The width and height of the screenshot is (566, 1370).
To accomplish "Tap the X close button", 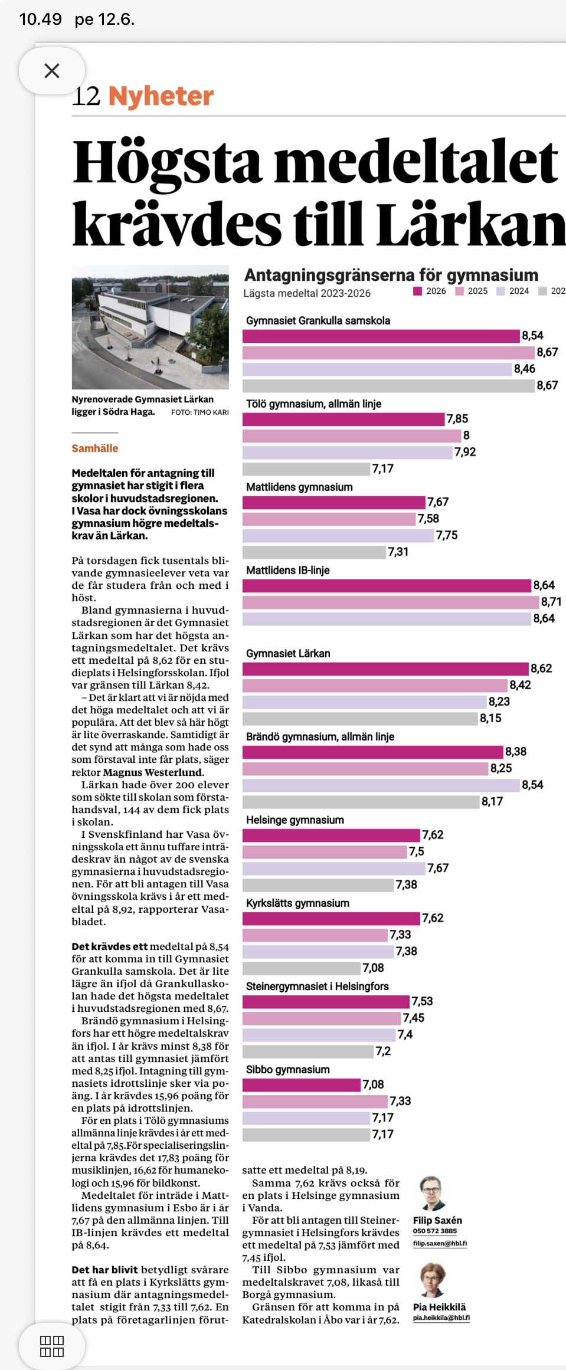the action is tap(52, 71).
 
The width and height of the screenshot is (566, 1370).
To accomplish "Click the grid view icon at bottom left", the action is tap(52, 1346).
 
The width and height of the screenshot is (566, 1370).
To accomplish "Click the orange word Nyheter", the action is tap(161, 96).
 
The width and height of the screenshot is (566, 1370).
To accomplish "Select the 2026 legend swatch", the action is tap(418, 291).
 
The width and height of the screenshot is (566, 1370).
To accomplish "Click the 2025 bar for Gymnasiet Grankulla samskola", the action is tap(388, 353).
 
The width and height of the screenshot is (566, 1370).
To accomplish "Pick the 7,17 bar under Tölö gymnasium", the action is tap(306, 469).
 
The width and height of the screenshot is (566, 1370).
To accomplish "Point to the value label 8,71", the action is tap(551, 602).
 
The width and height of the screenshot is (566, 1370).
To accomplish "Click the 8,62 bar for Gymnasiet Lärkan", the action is tap(385, 668).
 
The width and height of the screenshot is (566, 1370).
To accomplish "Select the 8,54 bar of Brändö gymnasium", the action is tap(381, 785).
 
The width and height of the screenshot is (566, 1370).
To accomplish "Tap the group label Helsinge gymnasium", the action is tap(295, 820).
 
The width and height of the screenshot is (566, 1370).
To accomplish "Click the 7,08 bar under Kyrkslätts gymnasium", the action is tap(302, 968).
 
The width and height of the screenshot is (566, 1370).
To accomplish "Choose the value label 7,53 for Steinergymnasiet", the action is tap(423, 1001).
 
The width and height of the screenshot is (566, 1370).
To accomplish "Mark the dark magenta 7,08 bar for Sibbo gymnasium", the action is tap(302, 1084).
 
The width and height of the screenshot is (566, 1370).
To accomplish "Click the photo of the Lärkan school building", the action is tap(151, 327).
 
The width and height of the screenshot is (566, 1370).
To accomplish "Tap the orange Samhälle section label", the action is tap(95, 448).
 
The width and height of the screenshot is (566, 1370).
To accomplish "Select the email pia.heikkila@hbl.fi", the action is tap(441, 1317).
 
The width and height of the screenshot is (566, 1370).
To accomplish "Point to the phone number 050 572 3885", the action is tap(435, 1231).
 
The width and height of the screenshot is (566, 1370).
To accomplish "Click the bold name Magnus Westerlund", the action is tap(153, 772).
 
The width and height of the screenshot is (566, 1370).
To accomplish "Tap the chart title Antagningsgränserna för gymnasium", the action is tap(391, 275).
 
